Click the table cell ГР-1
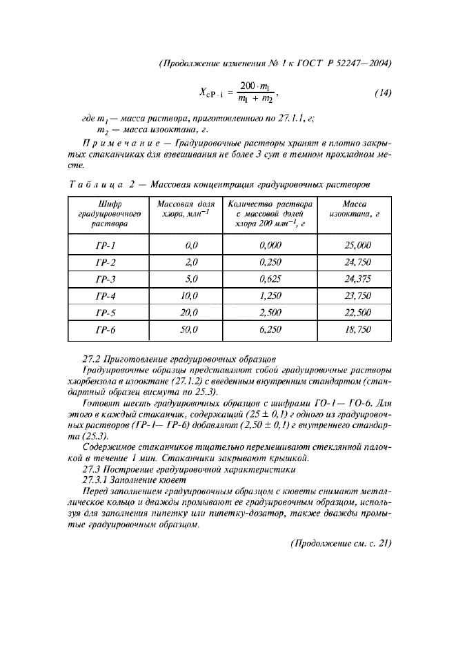click(105, 245)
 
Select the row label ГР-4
click(105, 295)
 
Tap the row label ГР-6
click(105, 330)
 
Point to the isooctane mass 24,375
click(357, 279)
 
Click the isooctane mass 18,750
click(357, 330)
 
